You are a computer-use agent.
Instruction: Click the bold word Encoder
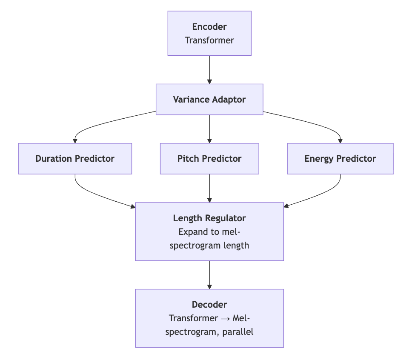pos(209,27)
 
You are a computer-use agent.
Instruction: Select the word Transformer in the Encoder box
pos(209,40)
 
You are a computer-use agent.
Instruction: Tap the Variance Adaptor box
pos(209,99)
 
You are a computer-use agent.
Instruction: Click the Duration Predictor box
pos(75,159)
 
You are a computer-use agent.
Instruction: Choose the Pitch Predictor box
pos(209,159)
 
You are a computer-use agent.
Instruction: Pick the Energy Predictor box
pos(340,159)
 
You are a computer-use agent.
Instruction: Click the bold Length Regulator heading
pos(209,218)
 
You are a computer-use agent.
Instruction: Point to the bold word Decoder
pos(209,305)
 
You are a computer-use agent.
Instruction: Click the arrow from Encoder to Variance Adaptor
pos(209,70)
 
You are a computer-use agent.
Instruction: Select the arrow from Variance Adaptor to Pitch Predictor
pos(209,129)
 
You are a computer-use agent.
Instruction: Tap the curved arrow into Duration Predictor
pos(98,125)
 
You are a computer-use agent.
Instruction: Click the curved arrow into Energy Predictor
pos(319,124)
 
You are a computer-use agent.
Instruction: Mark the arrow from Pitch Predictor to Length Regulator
pos(209,188)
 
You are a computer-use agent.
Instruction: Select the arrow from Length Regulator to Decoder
pos(209,275)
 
